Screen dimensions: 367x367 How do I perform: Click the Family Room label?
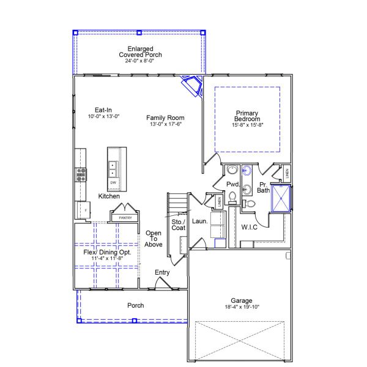[165, 118]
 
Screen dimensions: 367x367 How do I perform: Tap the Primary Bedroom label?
[247, 116]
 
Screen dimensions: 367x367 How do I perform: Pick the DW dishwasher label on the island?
[113, 182]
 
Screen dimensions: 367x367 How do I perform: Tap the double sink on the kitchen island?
[113, 168]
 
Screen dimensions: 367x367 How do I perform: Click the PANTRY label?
[125, 217]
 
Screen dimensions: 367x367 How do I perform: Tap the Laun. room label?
[200, 221]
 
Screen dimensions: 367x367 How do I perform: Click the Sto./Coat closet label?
[178, 224]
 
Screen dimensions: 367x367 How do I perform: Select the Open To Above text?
[154, 239]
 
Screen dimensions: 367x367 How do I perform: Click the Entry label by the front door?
[163, 272]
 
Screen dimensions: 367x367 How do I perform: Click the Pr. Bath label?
[263, 187]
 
